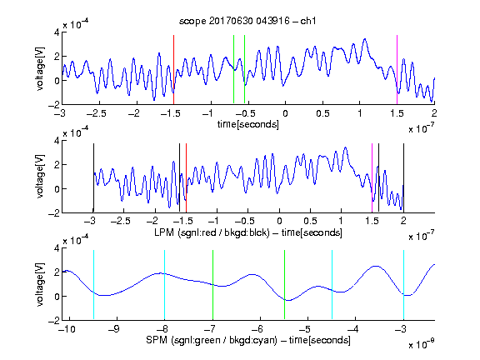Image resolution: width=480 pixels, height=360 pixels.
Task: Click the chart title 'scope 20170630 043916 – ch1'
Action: coord(247,21)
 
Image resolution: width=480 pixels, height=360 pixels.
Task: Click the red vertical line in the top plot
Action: coord(173,69)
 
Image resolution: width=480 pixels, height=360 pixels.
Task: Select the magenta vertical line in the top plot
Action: coord(397,69)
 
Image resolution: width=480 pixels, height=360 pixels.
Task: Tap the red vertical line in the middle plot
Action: coord(186,177)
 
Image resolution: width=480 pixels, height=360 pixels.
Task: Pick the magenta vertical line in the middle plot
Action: coord(372,177)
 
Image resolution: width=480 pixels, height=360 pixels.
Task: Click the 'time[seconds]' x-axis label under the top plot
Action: coord(248,124)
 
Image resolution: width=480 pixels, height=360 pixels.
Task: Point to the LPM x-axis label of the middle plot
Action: coord(248,232)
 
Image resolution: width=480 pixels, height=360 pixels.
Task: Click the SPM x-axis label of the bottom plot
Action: coord(248,340)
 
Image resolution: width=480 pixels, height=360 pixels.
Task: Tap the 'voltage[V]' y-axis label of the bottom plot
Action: coord(40,284)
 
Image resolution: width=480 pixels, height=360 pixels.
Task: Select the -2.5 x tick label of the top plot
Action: coord(96,113)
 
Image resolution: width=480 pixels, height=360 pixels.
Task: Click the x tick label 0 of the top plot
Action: coord(285,113)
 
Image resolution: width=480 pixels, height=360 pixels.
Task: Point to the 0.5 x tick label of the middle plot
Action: coord(310,221)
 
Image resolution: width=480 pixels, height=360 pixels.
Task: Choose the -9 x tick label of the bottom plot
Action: coord(114,329)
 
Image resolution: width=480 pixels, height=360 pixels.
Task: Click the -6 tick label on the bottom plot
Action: coord(257,329)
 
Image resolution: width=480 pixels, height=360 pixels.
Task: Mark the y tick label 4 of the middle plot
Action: coord(57,141)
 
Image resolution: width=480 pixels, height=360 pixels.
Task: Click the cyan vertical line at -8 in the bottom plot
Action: coord(164,285)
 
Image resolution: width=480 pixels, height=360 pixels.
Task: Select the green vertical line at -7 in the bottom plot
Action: coord(212,285)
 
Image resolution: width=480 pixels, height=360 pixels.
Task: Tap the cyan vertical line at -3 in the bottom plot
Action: coord(403,285)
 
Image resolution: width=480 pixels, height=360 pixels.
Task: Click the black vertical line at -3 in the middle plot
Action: coord(93,177)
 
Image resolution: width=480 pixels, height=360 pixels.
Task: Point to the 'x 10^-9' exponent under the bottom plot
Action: coord(421,344)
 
